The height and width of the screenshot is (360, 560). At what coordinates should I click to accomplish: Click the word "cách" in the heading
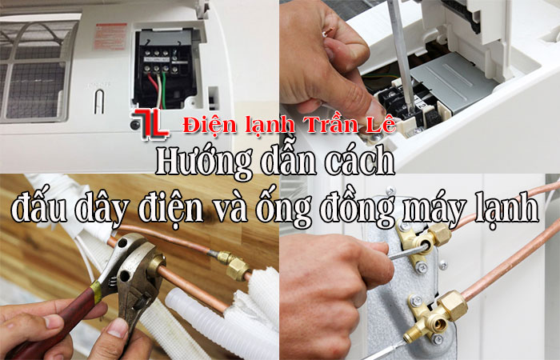coord(364,162)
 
